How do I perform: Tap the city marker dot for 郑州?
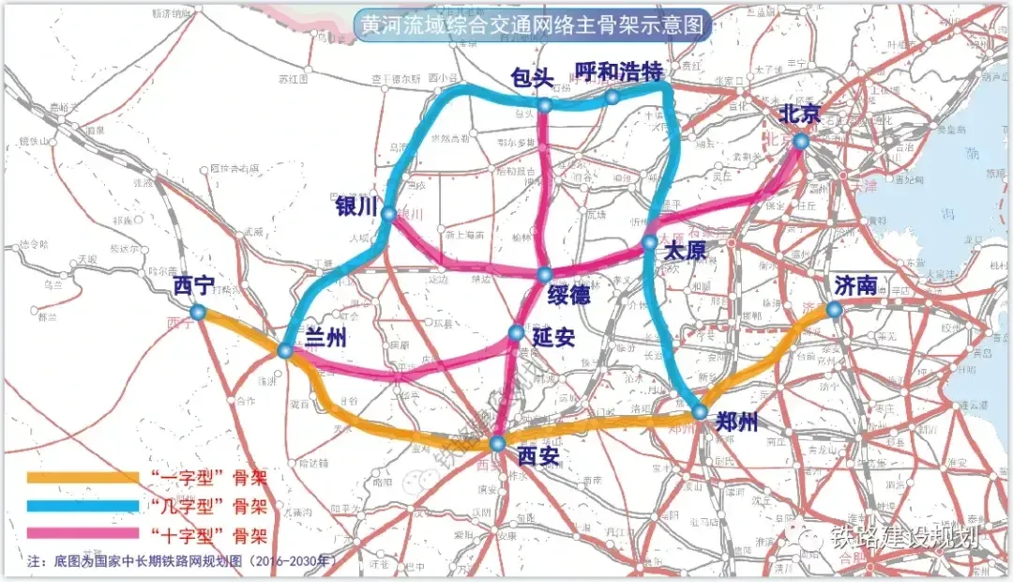(x=700, y=411)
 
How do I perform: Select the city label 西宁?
(x=195, y=285)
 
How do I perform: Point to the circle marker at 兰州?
(x=285, y=350)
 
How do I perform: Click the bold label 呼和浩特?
(x=618, y=72)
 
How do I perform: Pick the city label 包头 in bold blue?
(x=531, y=78)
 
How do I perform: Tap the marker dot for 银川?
(x=389, y=215)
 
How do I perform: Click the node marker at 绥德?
(x=545, y=274)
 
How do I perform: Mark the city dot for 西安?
(x=498, y=442)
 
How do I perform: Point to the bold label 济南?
(x=854, y=284)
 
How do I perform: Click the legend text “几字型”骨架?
(x=208, y=506)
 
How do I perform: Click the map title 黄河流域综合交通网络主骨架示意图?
(x=531, y=24)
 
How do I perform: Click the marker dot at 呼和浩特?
(x=612, y=97)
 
